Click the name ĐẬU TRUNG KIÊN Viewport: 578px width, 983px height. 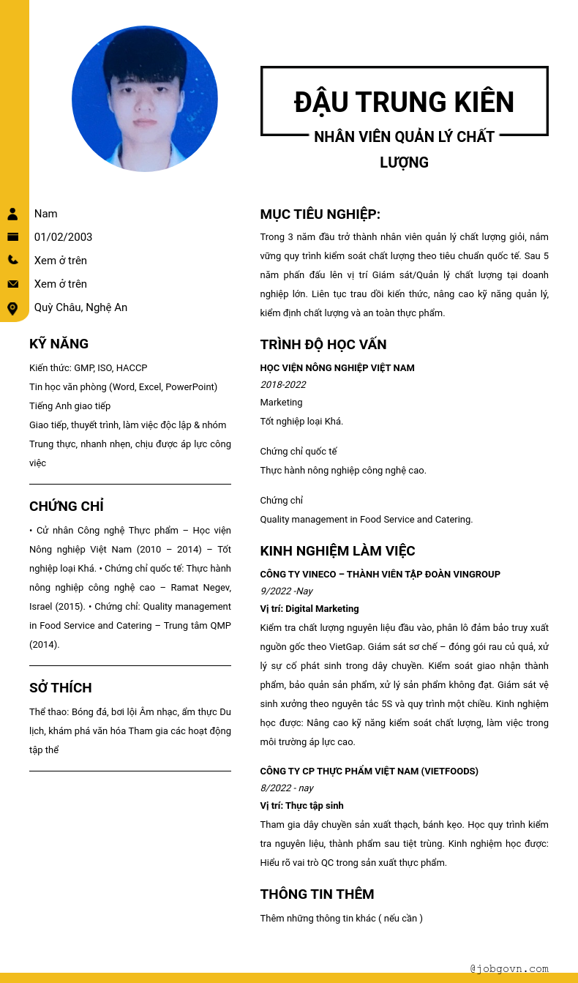tap(404, 102)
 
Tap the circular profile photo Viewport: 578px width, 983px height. tap(145, 99)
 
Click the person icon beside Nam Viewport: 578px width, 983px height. tap(12, 214)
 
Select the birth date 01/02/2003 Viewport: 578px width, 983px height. tap(63, 237)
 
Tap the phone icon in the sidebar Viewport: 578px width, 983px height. tap(12, 260)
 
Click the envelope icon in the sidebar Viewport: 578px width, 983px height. tap(12, 284)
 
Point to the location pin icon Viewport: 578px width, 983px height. tap(12, 308)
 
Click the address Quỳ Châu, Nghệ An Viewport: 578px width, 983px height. tap(80, 307)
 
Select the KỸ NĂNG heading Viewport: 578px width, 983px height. tap(59, 344)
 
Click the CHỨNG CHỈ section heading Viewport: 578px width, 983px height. tap(67, 507)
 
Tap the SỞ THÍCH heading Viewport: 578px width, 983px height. tap(61, 688)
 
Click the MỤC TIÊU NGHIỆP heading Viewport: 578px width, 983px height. tap(320, 214)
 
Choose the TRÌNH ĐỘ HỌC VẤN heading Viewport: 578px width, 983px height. tap(323, 345)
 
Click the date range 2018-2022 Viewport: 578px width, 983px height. tap(283, 385)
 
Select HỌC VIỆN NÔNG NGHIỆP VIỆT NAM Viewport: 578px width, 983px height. tap(337, 368)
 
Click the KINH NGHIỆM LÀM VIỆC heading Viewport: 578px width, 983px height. tap(337, 551)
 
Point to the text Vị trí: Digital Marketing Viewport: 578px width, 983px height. tap(309, 609)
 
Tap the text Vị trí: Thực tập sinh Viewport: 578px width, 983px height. tap(301, 806)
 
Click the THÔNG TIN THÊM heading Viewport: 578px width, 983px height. tap(317, 894)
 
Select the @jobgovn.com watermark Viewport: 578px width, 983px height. tap(509, 968)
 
